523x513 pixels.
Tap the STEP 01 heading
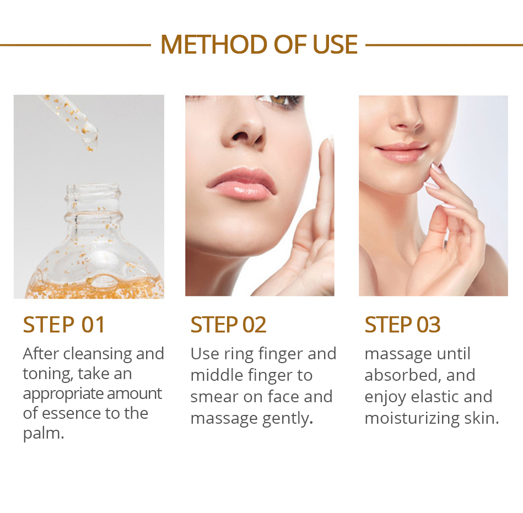[64, 325]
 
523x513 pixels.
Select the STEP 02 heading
[228, 325]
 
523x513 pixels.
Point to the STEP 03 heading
[402, 325]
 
